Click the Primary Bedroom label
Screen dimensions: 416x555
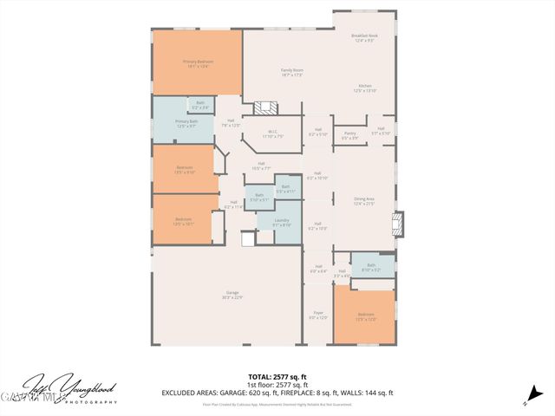coord(198,63)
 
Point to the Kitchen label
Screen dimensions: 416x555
coord(366,88)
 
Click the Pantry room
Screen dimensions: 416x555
coord(349,136)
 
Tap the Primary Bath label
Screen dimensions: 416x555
coord(186,123)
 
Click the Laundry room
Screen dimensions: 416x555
coord(281,223)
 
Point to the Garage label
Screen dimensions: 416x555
coord(232,295)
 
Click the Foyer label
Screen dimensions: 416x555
coord(318,315)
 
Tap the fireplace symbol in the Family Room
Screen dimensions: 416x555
coord(266,108)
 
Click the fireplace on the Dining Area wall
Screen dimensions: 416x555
coord(397,224)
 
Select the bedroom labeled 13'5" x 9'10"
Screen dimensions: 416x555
coord(184,169)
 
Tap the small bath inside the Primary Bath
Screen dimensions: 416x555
coord(200,106)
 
